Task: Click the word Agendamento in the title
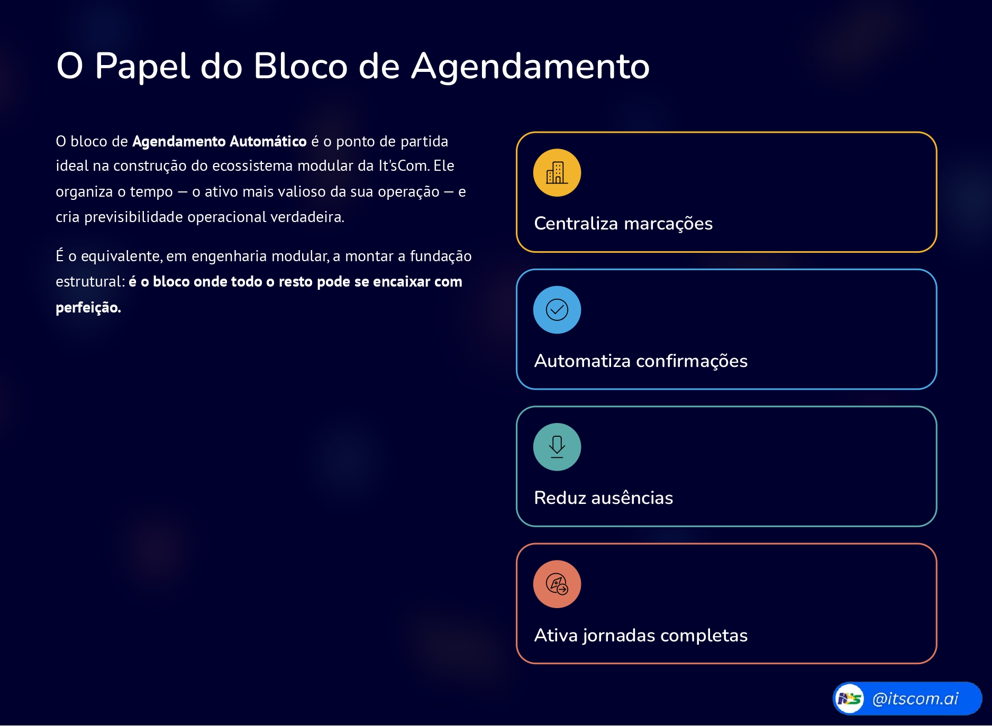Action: click(531, 67)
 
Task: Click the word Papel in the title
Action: click(142, 66)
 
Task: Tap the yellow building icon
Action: click(557, 173)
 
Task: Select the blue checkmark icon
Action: click(557, 310)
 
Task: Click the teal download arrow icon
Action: click(557, 447)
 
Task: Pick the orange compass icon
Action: click(557, 584)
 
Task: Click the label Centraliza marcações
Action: click(623, 224)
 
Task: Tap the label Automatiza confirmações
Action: click(641, 361)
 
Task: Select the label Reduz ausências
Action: click(604, 498)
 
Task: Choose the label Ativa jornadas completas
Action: click(641, 636)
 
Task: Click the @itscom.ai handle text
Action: click(915, 699)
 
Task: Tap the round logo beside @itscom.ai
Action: click(850, 699)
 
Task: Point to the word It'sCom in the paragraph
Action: click(403, 166)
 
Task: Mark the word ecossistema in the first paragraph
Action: click(252, 166)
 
